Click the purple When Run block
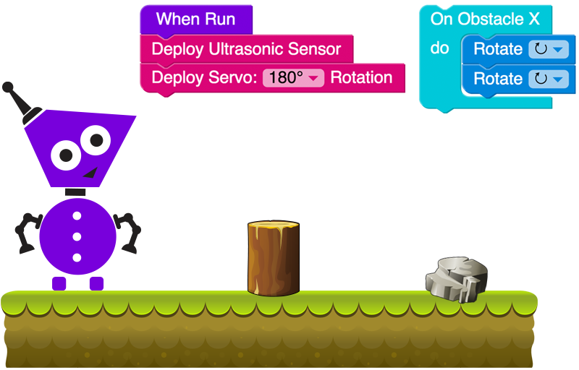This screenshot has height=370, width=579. (x=195, y=19)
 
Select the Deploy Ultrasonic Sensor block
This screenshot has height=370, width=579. (x=246, y=49)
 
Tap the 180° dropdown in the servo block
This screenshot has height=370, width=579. (x=293, y=78)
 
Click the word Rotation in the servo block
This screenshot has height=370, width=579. (x=361, y=78)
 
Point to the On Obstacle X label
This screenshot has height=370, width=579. (x=485, y=19)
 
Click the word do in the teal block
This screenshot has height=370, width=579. (x=440, y=49)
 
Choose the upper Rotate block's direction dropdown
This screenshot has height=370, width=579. (x=548, y=49)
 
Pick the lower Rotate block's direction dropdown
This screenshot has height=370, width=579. (x=548, y=79)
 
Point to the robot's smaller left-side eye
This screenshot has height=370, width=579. (x=67, y=152)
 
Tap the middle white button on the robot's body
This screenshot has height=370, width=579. (x=77, y=236)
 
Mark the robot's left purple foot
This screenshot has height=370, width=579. (x=59, y=283)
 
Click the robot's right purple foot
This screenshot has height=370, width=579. (x=96, y=283)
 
